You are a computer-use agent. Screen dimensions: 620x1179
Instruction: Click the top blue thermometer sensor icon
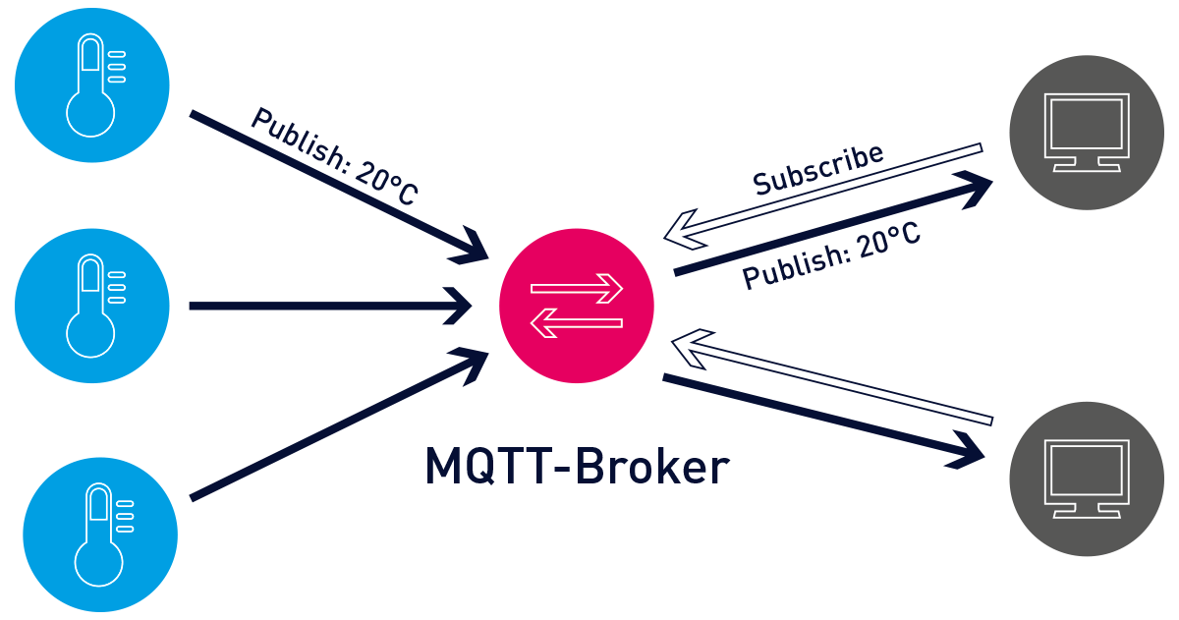tap(92, 85)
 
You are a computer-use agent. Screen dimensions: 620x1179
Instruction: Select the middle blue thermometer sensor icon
tap(92, 306)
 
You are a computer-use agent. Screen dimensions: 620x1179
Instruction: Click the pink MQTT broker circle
tap(577, 306)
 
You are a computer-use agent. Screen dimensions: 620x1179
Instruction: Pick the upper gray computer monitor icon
tap(1087, 132)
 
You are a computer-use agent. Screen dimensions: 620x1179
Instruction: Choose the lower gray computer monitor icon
tap(1087, 479)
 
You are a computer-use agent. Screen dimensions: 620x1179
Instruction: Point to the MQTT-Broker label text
tap(577, 468)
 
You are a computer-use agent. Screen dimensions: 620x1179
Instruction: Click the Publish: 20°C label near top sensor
tap(334, 155)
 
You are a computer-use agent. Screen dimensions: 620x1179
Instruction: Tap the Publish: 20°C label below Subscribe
tap(830, 256)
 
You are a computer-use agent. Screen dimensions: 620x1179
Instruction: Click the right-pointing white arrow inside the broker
tap(577, 289)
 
